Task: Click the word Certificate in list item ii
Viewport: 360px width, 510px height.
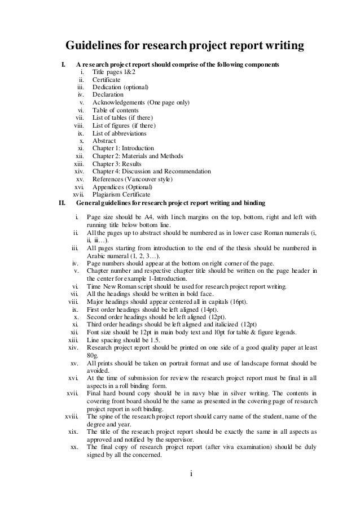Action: click(x=106, y=80)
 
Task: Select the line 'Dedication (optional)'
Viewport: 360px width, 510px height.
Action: click(x=120, y=88)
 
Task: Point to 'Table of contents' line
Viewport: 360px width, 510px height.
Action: click(x=114, y=110)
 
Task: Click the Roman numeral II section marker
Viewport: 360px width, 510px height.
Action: click(x=63, y=202)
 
